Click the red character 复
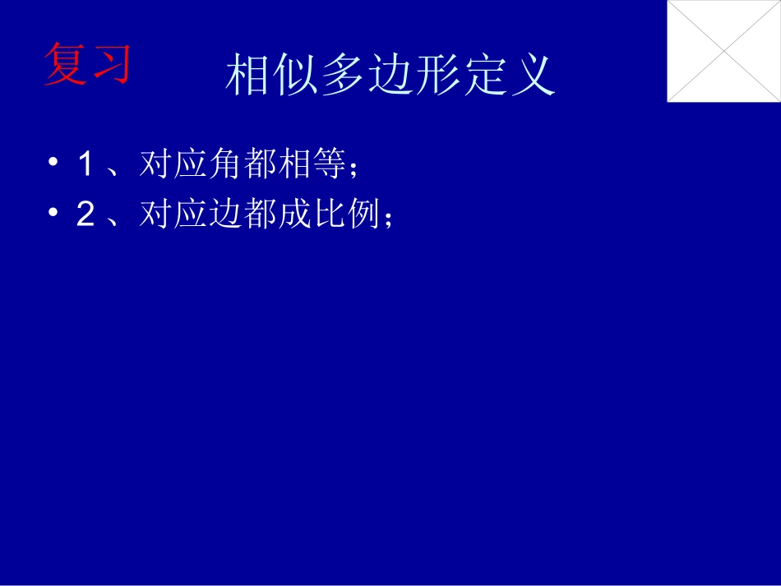coord(66,64)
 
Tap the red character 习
coord(111,64)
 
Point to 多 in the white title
coord(344,76)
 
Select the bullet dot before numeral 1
coord(53,164)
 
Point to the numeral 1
coord(85,164)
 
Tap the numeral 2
coord(85,215)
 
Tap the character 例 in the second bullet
coord(362,215)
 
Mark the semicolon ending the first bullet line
coord(354,168)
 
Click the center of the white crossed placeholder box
coord(723,51)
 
